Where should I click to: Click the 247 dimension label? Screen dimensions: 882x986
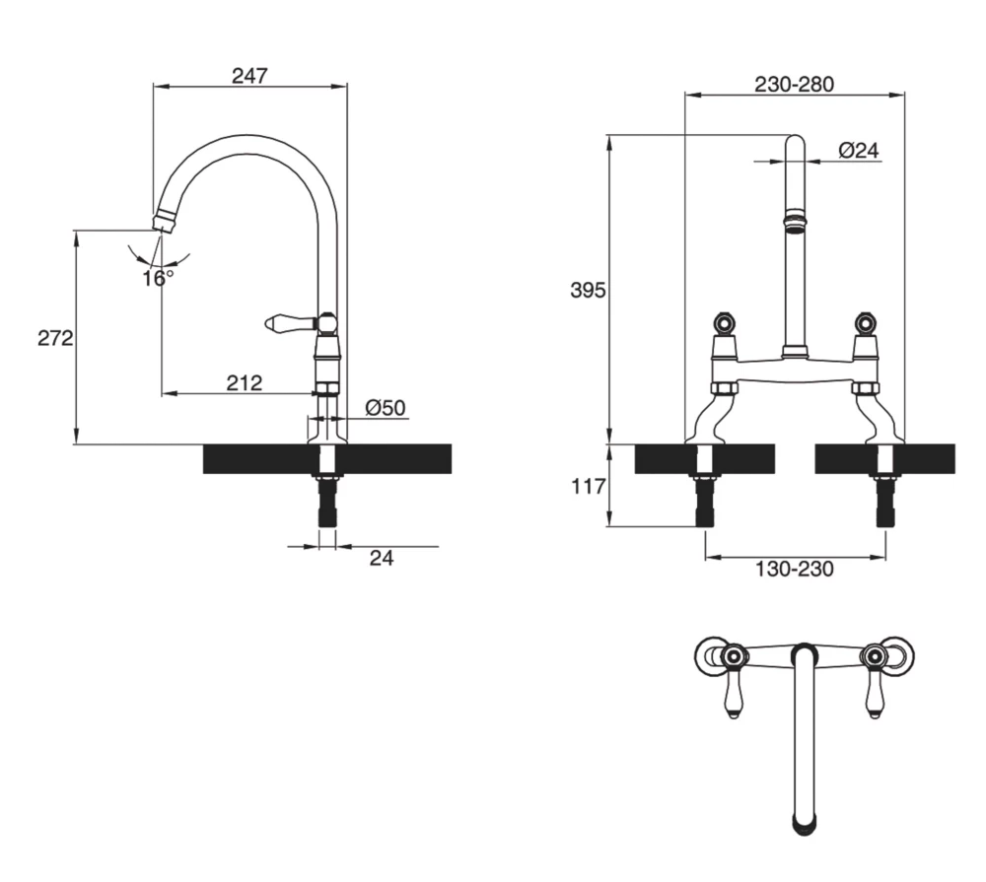pos(249,75)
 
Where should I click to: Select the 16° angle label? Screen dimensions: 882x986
pos(157,278)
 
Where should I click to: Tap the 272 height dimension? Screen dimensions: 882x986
pos(55,338)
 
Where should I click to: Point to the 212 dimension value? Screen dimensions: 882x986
pos(244,382)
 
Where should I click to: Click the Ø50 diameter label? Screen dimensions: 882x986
pos(385,407)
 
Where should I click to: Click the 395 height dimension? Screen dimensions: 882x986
pos(590,290)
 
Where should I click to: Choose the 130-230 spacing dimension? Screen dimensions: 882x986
pos(794,570)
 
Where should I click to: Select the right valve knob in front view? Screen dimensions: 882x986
pos(866,322)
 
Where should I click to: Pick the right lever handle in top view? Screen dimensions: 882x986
pos(874,696)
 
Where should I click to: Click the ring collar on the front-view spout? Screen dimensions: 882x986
pos(794,219)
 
